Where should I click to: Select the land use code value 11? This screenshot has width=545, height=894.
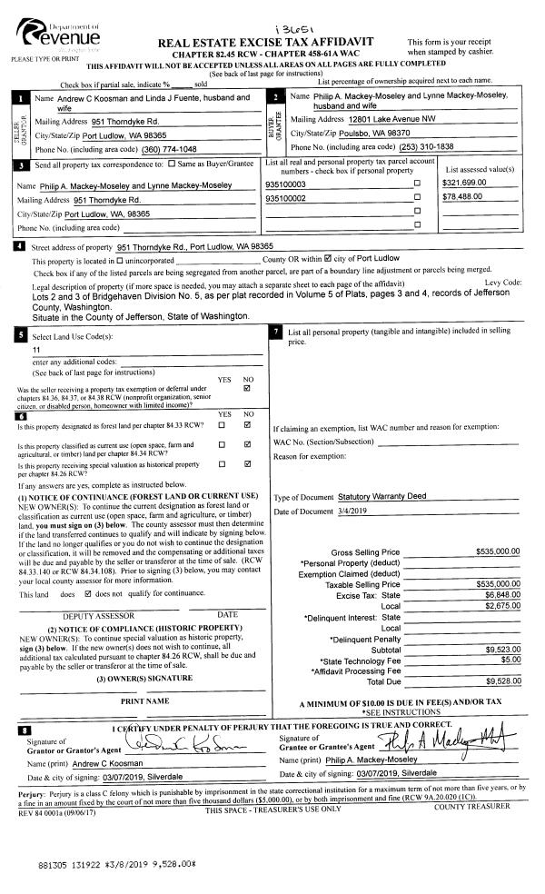point(36,350)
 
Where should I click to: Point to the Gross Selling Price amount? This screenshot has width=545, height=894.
point(497,551)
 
